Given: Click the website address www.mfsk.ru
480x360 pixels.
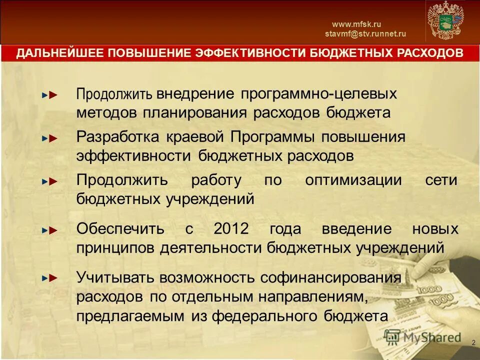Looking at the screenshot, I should point(356,24).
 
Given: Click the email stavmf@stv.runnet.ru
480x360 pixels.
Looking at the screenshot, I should point(365,34).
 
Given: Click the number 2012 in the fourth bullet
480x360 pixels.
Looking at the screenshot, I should point(231,229).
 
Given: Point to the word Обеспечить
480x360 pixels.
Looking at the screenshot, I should point(120,229).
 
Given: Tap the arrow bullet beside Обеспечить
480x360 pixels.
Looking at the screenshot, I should point(50,230).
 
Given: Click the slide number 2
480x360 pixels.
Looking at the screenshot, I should point(473,342).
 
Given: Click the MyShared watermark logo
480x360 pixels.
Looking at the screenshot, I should point(424,338).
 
